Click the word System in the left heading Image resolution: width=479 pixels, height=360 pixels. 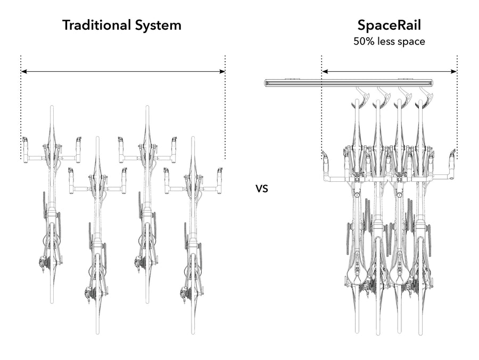coord(157,25)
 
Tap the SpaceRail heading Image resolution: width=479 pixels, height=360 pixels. coord(389,25)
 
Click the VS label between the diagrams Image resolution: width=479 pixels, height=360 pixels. coord(261,188)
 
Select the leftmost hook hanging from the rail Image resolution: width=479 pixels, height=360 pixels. coord(358,98)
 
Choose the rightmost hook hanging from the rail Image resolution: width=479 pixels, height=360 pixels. coord(423,98)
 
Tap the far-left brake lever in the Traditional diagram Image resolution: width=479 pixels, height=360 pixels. coord(24,144)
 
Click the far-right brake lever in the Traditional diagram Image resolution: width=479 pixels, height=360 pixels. coord(219,174)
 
